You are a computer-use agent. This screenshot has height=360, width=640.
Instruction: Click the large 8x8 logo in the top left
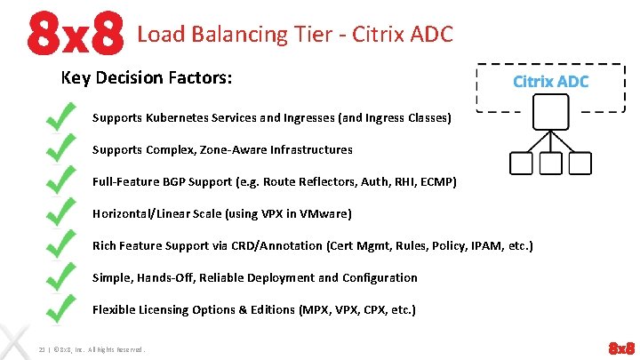[x=75, y=34]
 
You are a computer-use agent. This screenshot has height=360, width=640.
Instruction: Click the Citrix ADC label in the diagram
[x=550, y=81]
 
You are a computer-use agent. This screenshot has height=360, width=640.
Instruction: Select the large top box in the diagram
[x=551, y=112]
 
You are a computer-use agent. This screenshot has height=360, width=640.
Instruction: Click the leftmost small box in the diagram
[x=522, y=164]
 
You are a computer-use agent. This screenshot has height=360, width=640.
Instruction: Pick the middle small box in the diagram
[x=551, y=164]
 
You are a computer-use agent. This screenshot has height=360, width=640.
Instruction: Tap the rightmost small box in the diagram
[x=580, y=164]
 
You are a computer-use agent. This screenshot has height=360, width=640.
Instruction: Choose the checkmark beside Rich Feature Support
[x=60, y=246]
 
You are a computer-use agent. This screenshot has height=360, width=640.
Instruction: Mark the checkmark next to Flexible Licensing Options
[x=60, y=308]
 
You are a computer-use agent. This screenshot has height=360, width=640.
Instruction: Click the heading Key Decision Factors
[x=147, y=78]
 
